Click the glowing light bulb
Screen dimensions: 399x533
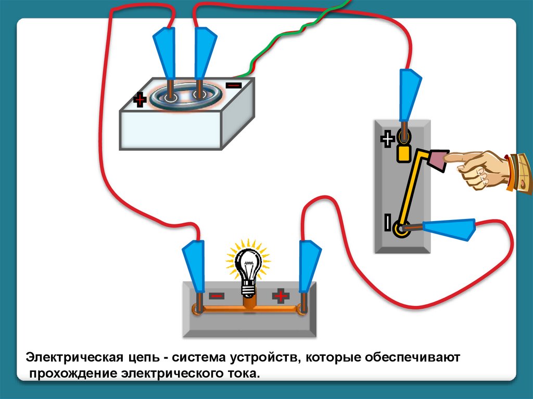tap(248, 265)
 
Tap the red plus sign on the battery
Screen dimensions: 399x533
tap(139, 99)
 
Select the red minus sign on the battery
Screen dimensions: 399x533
tap(234, 85)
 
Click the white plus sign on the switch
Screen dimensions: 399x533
tap(387, 139)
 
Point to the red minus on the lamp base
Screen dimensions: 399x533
tap(217, 296)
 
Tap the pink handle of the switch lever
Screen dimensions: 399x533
tap(438, 160)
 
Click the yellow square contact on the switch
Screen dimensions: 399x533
tap(403, 153)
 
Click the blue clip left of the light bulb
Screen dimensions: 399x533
tap(194, 266)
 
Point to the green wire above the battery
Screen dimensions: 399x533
tap(291, 36)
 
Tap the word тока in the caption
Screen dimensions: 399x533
tap(244, 374)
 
